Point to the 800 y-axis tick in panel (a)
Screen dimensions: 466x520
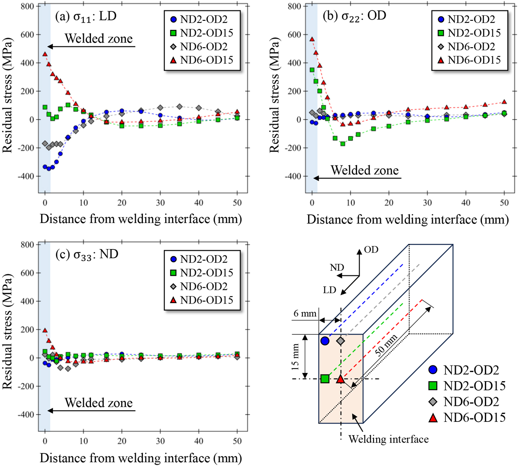(x=27, y=6)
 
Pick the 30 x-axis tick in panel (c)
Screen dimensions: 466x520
(x=160, y=441)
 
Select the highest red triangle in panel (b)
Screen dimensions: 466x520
(x=312, y=39)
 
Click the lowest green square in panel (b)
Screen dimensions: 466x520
(x=343, y=144)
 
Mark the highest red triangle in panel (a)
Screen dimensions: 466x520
(x=45, y=54)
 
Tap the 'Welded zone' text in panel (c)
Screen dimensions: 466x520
(x=99, y=403)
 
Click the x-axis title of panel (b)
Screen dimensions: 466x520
(x=407, y=219)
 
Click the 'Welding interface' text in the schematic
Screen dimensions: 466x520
(x=388, y=439)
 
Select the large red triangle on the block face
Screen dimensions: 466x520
(x=341, y=379)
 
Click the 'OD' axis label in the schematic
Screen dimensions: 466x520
(x=371, y=249)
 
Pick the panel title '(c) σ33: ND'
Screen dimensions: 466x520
(x=87, y=254)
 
